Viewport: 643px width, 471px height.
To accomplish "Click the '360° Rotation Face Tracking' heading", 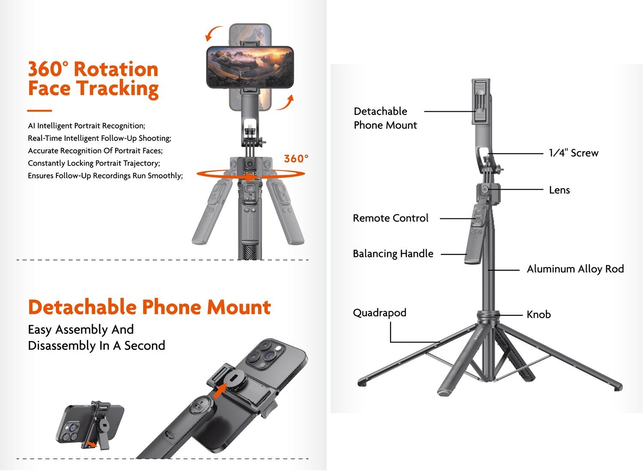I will (x=93, y=79).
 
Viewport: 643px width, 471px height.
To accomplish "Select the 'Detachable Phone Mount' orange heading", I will (x=149, y=307).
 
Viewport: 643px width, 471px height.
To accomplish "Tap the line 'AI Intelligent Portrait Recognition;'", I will (x=86, y=125).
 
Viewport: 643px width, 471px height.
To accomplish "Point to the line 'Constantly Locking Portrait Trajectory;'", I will (x=94, y=163).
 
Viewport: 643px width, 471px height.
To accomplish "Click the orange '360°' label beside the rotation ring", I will (x=296, y=159).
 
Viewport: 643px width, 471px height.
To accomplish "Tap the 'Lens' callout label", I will (x=559, y=190).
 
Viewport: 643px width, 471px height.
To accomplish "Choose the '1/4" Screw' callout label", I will (x=573, y=153).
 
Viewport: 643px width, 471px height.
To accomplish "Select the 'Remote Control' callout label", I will (x=390, y=218).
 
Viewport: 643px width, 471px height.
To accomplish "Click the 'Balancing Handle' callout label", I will (x=393, y=254).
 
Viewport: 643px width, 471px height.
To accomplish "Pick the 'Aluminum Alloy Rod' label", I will (x=575, y=269).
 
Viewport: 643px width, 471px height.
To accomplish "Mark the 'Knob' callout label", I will (x=538, y=315).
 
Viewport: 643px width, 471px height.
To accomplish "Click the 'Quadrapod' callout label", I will (x=379, y=313).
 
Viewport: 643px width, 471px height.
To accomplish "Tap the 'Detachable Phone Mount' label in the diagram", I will (x=385, y=118).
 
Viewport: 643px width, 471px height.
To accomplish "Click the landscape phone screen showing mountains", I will (x=250, y=67).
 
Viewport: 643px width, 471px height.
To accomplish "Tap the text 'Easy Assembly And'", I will (x=81, y=330).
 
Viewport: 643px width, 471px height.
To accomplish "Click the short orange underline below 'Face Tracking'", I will (x=39, y=110).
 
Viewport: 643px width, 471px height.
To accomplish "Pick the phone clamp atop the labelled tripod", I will (x=481, y=101).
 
